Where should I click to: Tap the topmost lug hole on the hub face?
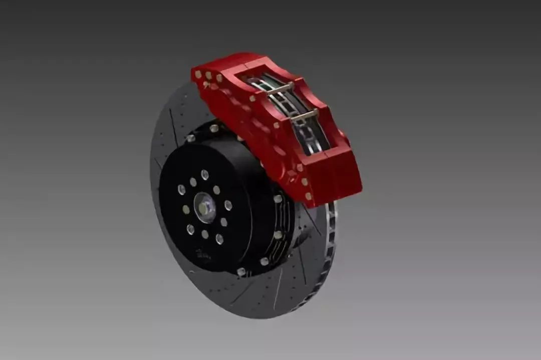pos(204,174)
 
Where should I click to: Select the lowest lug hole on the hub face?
pos(219,239)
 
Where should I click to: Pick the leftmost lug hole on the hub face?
pos(181,190)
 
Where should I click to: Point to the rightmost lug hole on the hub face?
pos(228,205)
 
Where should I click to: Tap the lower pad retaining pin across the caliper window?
pos(305,116)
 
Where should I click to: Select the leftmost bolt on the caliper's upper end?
pos(198,74)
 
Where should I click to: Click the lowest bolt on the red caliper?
pos(309,196)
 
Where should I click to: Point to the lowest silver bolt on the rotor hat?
pos(241,271)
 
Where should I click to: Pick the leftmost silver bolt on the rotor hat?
pos(190,138)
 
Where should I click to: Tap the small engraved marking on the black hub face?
pos(201,253)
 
